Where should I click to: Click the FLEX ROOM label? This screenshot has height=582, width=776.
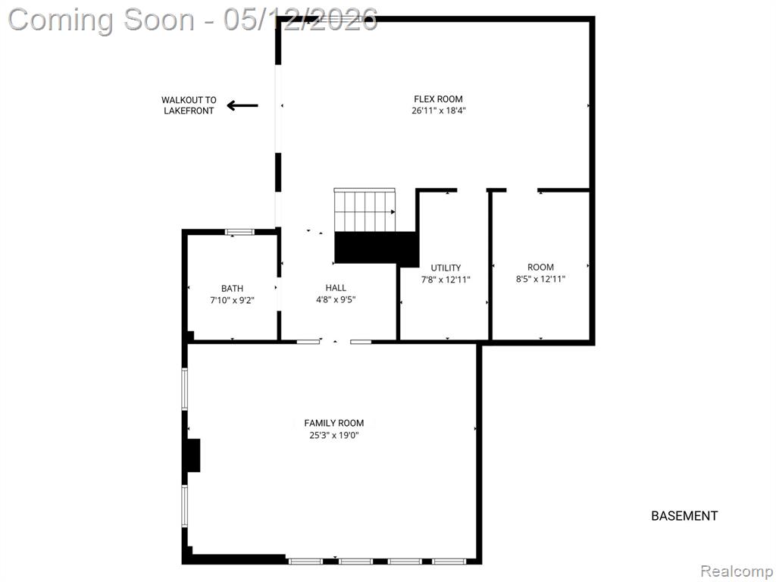tap(438, 99)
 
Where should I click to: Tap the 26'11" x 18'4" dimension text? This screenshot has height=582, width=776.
tap(439, 111)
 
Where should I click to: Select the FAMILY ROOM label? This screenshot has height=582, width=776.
tap(334, 423)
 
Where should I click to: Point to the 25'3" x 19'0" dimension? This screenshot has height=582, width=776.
tap(334, 436)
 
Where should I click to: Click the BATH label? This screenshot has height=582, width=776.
tap(232, 288)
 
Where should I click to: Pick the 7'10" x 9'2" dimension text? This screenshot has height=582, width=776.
tap(232, 300)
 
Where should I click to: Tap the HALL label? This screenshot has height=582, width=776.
tap(336, 287)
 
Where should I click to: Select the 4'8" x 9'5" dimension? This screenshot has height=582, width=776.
tap(336, 299)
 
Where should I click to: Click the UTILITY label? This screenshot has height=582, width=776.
tap(446, 268)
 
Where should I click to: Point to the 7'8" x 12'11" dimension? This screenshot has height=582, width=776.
tap(446, 280)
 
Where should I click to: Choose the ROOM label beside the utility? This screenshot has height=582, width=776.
tap(540, 268)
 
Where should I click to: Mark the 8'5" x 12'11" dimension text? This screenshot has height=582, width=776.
tap(540, 279)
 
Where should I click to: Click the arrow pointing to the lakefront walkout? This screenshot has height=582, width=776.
tap(242, 105)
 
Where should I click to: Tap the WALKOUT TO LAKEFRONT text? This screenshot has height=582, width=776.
tap(189, 105)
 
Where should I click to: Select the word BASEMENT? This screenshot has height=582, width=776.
tap(684, 516)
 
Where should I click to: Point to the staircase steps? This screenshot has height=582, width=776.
tap(365, 210)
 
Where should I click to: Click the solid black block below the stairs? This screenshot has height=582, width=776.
tap(376, 249)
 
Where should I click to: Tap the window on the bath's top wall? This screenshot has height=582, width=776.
tap(239, 232)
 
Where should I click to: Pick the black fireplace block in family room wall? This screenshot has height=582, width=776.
tap(193, 455)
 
